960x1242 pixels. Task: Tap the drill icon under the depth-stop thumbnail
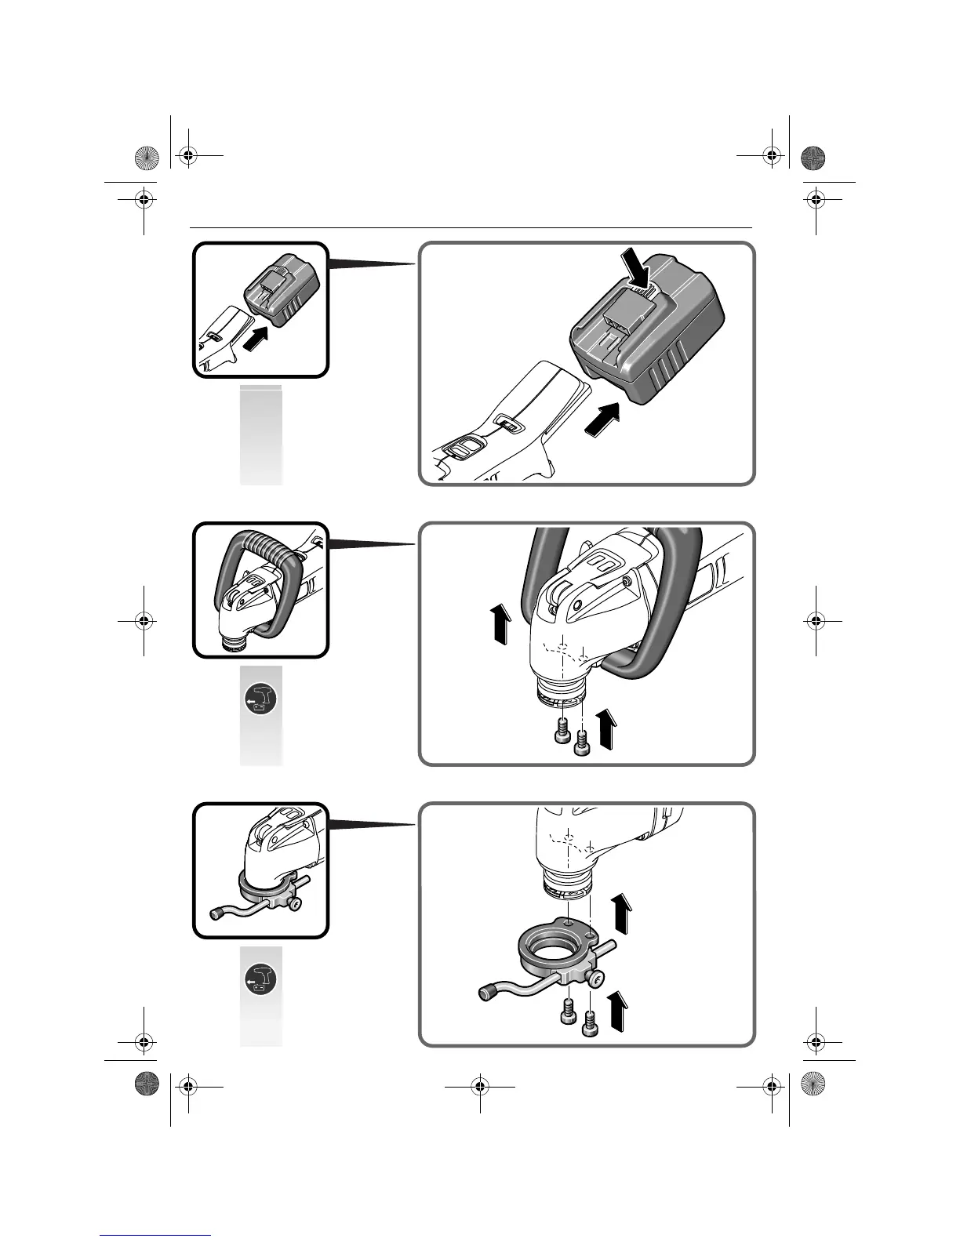click(260, 978)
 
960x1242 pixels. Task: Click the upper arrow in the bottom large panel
click(622, 911)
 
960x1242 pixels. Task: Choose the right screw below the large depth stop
click(590, 1026)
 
